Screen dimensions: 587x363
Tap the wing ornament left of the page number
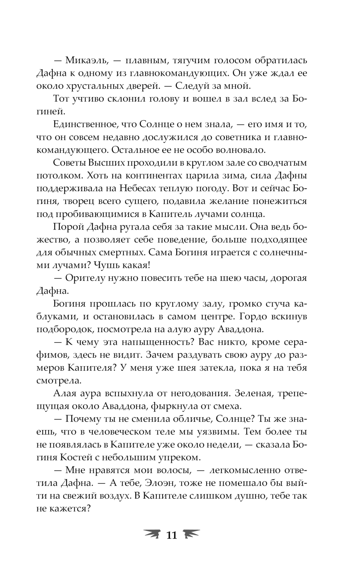click(x=153, y=534)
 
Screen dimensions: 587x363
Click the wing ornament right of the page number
click(x=191, y=534)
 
